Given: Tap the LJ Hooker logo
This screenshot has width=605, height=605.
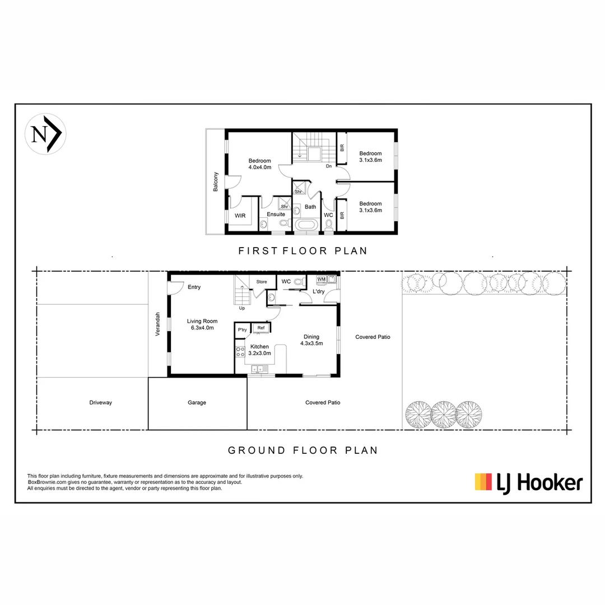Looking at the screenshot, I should coord(528,482).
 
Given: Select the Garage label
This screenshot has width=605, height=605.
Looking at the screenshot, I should coord(197,403).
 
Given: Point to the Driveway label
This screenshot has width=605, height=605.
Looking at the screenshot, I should coord(100,403).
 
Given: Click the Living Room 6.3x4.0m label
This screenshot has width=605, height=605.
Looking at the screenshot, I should coord(202,324).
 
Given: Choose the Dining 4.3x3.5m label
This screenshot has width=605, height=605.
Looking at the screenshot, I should coord(311,340).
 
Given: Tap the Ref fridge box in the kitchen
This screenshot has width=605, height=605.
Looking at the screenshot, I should coord(261,328).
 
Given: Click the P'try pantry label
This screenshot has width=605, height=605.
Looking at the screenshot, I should coord(243,330).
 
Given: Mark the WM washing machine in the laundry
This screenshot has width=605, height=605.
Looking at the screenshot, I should coord(322,279).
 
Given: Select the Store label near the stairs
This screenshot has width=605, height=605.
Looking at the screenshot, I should coord(262,282).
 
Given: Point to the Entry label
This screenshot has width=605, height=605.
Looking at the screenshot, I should coord(194,287).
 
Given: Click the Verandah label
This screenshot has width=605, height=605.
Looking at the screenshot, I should coord(158,324).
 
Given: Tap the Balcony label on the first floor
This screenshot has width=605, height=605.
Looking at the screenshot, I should coord(215,182).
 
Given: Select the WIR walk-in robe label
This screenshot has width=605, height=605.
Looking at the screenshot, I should coord(240,215).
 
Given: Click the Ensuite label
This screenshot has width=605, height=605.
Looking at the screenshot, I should coord(276,215).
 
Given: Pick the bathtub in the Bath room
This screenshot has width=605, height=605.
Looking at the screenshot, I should coord(306,225).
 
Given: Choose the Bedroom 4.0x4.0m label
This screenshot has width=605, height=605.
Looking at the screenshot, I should coord(260,164).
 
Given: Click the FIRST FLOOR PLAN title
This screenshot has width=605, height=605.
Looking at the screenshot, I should coord(302,250).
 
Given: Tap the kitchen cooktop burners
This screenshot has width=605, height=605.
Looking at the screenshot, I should coord(240,352).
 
